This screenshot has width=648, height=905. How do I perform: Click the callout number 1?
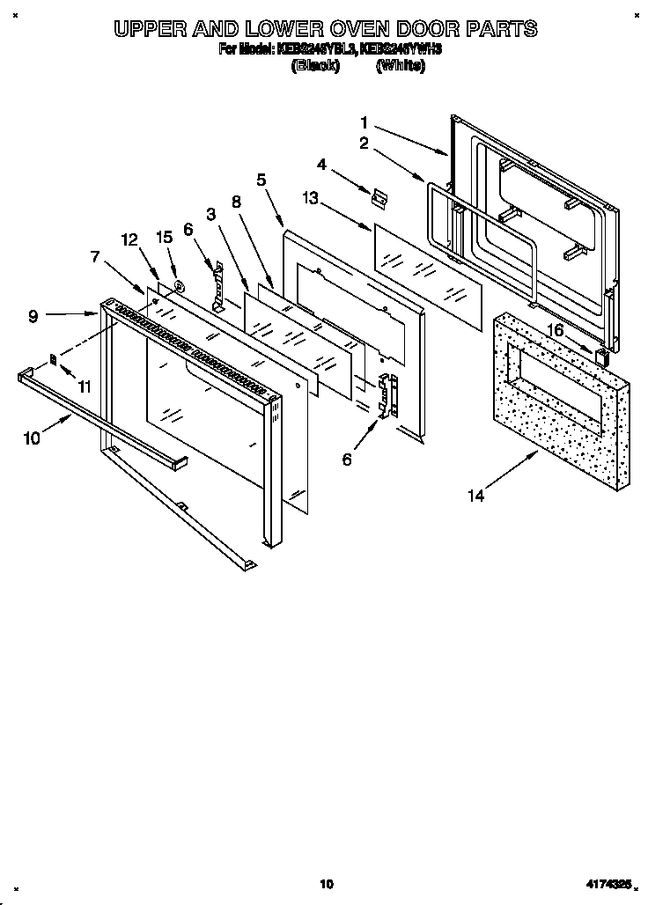pos(364,123)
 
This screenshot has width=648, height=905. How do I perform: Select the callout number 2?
pos(364,143)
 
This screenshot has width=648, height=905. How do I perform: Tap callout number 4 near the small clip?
pos(322,165)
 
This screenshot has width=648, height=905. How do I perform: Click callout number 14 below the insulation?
pos(475,496)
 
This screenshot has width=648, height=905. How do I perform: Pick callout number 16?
pos(555,329)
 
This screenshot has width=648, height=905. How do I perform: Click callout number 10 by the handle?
pos(32,438)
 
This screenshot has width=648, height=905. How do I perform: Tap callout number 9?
pos(33,316)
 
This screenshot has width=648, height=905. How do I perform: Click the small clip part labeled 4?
pos(379,199)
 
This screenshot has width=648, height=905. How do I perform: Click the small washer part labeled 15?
pos(178,285)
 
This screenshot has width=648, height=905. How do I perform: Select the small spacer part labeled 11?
pos(53,358)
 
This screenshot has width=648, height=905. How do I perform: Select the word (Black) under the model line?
pos(314,66)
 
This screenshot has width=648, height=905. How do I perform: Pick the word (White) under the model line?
pos(400,66)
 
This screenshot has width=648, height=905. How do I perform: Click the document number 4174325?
pos(607,884)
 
